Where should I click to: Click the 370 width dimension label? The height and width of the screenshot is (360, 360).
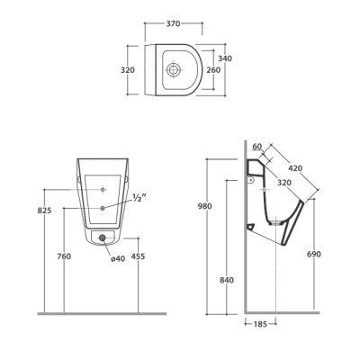173,23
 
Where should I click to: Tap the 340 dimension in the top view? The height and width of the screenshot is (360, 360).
225,58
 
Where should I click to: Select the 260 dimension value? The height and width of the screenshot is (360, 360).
213,70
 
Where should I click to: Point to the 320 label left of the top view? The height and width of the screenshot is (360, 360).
128,70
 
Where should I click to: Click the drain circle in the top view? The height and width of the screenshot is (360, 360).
173,69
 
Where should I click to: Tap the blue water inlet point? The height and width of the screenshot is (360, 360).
103,208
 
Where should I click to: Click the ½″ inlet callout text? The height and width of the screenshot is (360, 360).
139,198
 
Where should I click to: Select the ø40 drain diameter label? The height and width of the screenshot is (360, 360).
118,258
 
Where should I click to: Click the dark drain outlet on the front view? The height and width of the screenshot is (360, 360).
103,238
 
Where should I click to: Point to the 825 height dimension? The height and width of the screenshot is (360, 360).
44,211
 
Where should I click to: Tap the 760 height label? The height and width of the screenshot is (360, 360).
64,256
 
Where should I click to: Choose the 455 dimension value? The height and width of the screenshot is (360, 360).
138,256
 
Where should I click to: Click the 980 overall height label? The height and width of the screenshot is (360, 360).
205,206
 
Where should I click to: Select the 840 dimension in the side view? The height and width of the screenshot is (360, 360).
227,280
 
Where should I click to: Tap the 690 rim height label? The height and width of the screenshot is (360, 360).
314,255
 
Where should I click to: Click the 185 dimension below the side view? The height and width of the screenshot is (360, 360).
260,324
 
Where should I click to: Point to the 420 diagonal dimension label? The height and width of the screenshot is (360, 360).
295,168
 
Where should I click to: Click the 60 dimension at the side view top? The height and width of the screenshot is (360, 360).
257,147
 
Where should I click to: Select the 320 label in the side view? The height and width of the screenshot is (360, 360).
283,183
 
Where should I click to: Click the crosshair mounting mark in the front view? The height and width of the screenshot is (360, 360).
103,190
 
